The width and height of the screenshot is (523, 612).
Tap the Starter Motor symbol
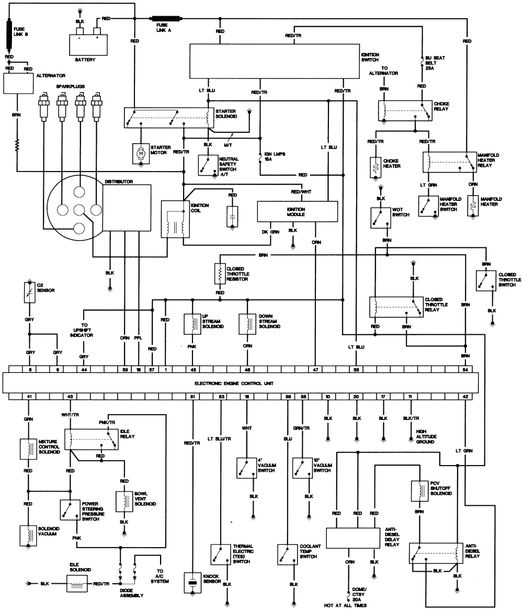pyautogui.click(x=140, y=153)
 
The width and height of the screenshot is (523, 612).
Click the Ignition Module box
pyautogui.click(x=296, y=211)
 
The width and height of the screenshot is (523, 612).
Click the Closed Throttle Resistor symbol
pyautogui.click(x=220, y=273)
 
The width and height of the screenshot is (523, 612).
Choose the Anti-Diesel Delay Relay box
pyautogui.click(x=353, y=537)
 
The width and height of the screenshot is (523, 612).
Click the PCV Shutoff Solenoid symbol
pyautogui.click(x=418, y=489)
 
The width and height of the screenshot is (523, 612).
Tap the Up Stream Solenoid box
pyautogui.click(x=192, y=324)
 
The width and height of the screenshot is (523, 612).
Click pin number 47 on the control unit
pyautogui.click(x=315, y=369)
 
